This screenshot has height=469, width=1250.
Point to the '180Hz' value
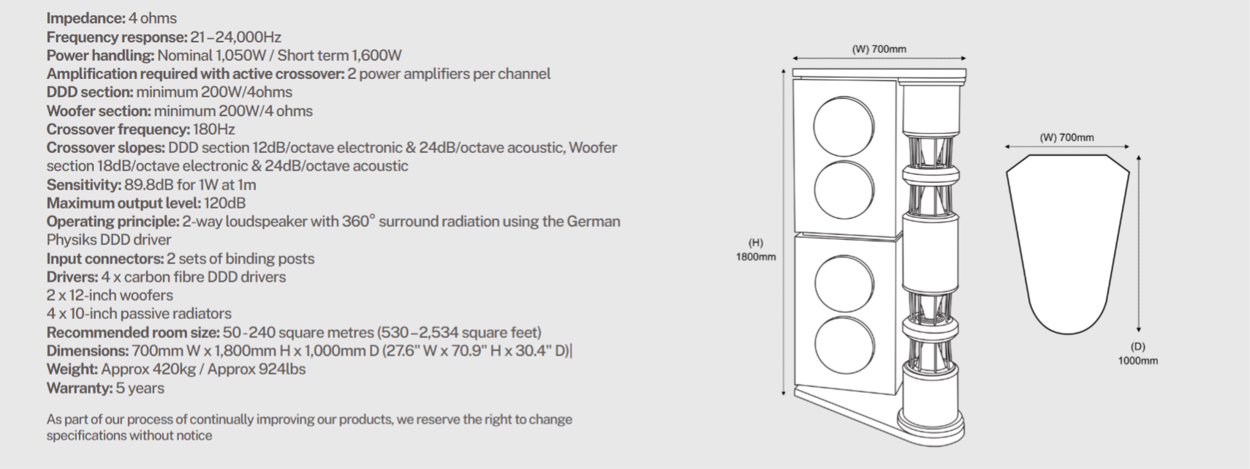pyautogui.click(x=214, y=130)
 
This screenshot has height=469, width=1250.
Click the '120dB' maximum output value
pyautogui.click(x=225, y=203)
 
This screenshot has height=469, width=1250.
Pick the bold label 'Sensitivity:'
pyautogui.click(x=83, y=184)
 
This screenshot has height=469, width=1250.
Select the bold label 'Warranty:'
pyautogui.click(x=80, y=388)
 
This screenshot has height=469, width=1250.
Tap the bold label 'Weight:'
pyautogui.click(x=72, y=369)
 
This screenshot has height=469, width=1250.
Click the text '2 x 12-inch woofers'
pyautogui.click(x=110, y=295)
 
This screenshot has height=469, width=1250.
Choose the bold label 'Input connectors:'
pyautogui.click(x=105, y=258)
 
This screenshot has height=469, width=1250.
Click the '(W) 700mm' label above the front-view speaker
pyautogui.click(x=879, y=49)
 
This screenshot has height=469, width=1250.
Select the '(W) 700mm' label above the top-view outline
pyautogui.click(x=1067, y=137)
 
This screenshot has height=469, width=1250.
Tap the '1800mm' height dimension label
pyautogui.click(x=756, y=257)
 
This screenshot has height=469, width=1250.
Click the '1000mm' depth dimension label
pyautogui.click(x=1137, y=360)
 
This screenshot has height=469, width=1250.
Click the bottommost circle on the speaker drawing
pyautogui.click(x=844, y=346)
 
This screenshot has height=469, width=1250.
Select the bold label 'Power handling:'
pyautogui.click(x=100, y=56)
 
